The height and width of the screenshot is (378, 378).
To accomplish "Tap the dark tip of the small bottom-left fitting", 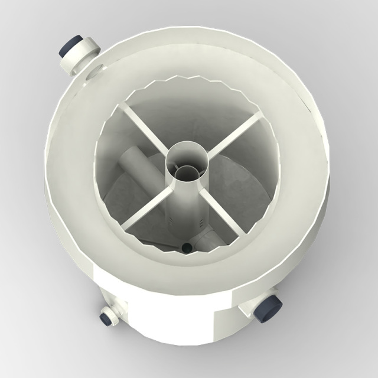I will (x=107, y=319).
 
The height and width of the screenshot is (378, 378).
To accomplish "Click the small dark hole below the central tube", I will (x=187, y=248).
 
